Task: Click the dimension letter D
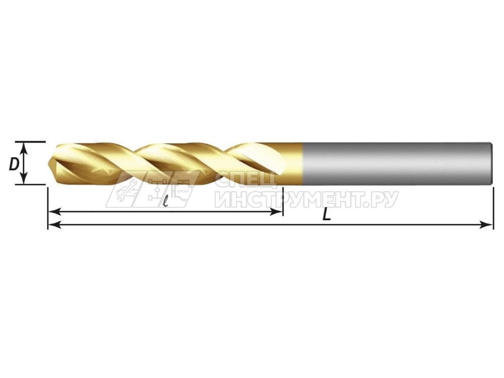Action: point(14,165)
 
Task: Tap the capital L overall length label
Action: point(327,214)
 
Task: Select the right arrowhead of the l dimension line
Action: point(276,212)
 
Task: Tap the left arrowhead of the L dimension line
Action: point(55,225)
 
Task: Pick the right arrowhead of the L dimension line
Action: point(486,225)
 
